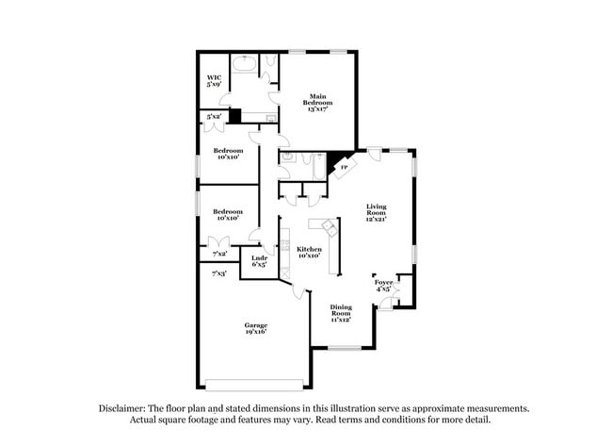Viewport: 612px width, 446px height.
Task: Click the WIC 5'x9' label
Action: click(214, 81)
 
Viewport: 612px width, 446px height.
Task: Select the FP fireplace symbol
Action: click(343, 167)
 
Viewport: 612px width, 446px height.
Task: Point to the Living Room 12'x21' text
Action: click(378, 212)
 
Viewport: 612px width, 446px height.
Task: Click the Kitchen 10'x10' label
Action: click(310, 252)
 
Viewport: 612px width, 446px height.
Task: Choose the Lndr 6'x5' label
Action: click(257, 262)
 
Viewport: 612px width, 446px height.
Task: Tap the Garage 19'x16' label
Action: click(256, 328)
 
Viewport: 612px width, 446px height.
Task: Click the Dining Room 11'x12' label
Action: click(340, 312)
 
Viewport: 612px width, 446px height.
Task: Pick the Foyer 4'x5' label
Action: click(383, 285)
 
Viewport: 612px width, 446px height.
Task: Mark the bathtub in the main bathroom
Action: click(244, 65)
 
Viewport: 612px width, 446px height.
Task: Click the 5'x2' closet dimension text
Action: click(214, 117)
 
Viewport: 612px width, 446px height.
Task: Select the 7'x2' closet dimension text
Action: click(219, 253)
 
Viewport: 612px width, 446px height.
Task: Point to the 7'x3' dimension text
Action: click(218, 273)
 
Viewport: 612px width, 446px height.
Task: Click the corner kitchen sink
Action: click(329, 227)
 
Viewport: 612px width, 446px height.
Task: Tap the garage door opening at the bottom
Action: click(255, 384)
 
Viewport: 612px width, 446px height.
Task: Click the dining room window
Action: click(340, 349)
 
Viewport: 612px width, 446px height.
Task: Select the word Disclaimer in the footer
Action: click(127, 408)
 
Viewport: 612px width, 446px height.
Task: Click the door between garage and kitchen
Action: click(299, 289)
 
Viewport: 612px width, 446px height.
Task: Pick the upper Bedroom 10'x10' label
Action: click(228, 154)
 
